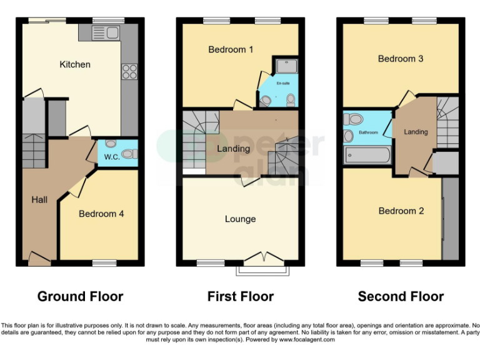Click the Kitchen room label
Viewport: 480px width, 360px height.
coord(75,64)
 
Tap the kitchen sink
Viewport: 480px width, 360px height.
coord(100,33)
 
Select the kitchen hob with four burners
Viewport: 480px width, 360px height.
coord(129,72)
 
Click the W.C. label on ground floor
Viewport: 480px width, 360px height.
coord(112,156)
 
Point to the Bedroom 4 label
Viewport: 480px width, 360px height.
coord(101,214)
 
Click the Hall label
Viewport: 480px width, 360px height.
coord(39,199)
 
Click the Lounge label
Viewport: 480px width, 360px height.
coord(240,219)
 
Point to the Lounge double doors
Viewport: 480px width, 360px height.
coord(262,259)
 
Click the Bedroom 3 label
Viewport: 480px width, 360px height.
coord(401,59)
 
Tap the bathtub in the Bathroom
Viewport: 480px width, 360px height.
coord(367,154)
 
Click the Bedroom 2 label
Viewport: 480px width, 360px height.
coord(401,211)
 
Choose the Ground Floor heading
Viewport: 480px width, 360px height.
coord(80,296)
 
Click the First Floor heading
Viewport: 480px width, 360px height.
coord(241,296)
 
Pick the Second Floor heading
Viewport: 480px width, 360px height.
coord(401,296)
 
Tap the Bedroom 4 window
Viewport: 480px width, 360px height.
coord(104,263)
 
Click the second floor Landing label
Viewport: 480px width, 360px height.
coord(416,132)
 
